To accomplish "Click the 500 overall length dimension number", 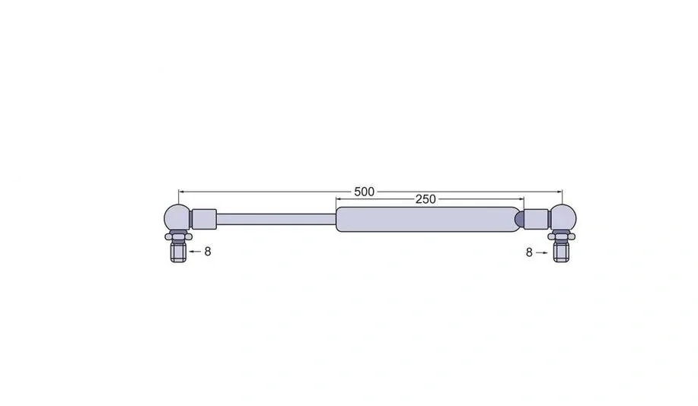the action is (x=364, y=192).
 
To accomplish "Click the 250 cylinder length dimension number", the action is (x=425, y=199).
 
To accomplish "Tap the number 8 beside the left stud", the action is (x=208, y=252).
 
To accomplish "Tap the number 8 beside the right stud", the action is (x=529, y=252).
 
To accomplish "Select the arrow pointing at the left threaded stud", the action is (x=195, y=251).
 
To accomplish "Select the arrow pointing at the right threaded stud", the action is (x=542, y=252).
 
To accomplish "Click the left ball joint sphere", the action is (x=177, y=218).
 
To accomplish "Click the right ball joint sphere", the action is (x=563, y=218).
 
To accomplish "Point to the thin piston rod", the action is (x=276, y=219).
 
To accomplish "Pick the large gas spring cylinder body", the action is (x=428, y=219).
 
